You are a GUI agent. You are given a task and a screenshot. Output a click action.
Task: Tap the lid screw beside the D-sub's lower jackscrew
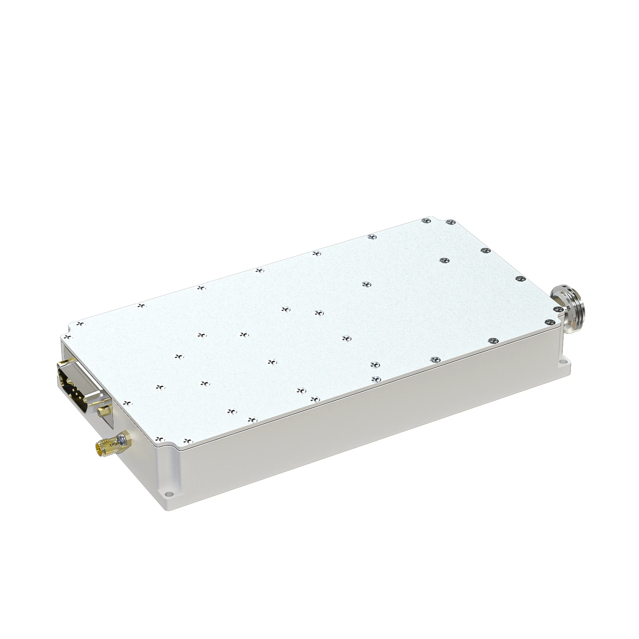pyautogui.click(x=128, y=403)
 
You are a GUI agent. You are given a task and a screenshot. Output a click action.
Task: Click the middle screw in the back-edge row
pyautogui.click(x=259, y=270)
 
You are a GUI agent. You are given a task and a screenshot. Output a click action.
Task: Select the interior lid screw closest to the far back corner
pyautogui.click(x=444, y=260)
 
